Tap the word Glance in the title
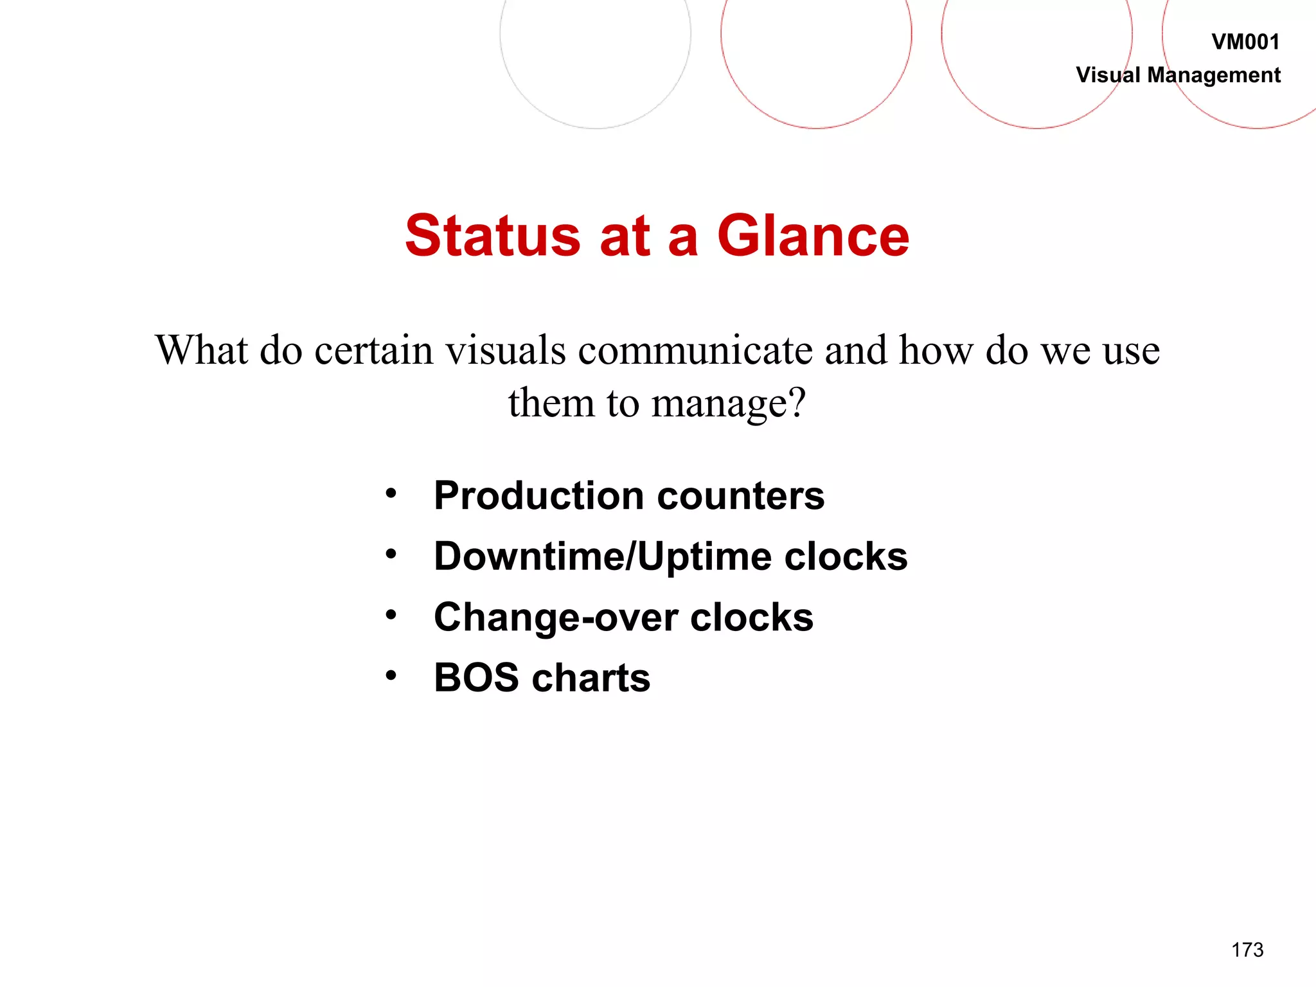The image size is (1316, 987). [813, 236]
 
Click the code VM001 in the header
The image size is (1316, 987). [1245, 42]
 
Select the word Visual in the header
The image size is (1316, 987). [1108, 75]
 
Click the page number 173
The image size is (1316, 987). [1247, 950]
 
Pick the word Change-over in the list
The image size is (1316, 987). [555, 618]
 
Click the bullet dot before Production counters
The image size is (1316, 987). [391, 493]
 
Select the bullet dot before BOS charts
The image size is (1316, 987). [391, 675]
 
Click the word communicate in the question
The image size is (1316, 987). [695, 351]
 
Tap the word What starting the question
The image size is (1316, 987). [202, 351]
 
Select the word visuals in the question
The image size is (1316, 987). [506, 351]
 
